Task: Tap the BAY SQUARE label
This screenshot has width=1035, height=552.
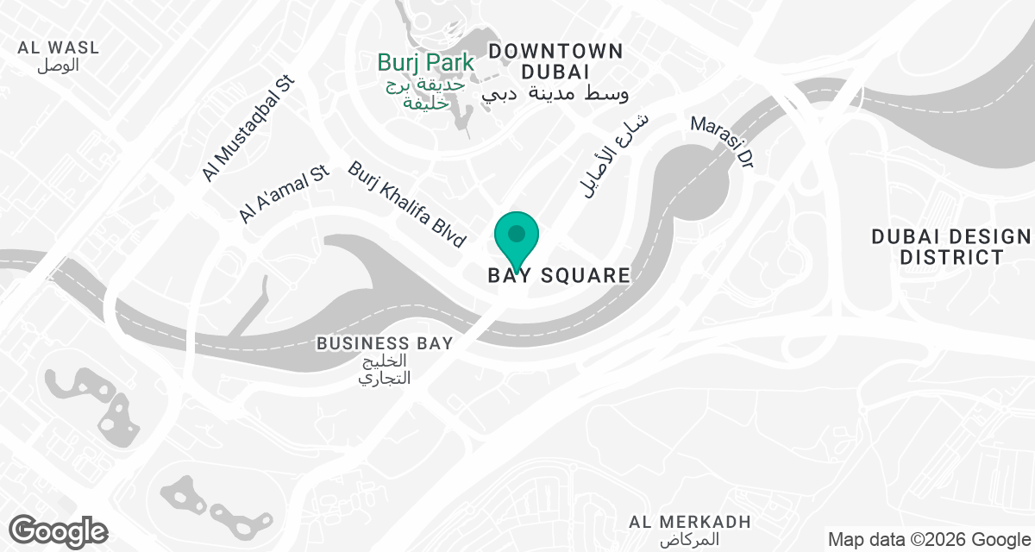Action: coord(559,276)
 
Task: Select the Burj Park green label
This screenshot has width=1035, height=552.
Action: coord(426,63)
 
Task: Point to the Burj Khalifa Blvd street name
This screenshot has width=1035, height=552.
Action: coord(407,204)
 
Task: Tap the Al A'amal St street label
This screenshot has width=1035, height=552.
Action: coord(285,195)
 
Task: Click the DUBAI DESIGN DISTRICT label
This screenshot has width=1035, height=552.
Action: coord(950,247)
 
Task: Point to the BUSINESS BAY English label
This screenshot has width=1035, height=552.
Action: coord(384,343)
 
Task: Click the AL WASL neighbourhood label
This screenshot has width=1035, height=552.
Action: coord(59,47)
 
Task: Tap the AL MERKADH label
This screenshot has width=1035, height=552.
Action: coord(690,522)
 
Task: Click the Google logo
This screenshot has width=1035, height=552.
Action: coord(59,530)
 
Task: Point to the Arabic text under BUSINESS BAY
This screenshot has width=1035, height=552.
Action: coord(385,369)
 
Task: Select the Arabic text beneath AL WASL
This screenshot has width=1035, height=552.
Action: coord(59,66)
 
